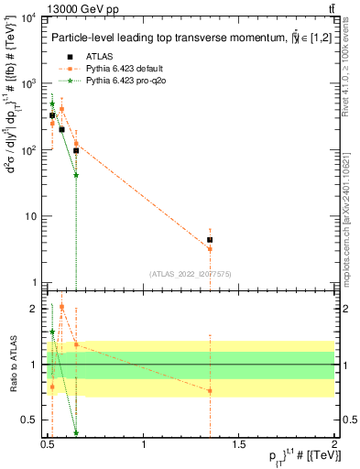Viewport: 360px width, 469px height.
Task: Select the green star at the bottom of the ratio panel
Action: (x=76, y=432)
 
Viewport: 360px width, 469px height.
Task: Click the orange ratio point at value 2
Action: (x=61, y=307)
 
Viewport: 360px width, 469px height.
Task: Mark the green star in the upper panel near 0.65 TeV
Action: (x=76, y=175)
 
